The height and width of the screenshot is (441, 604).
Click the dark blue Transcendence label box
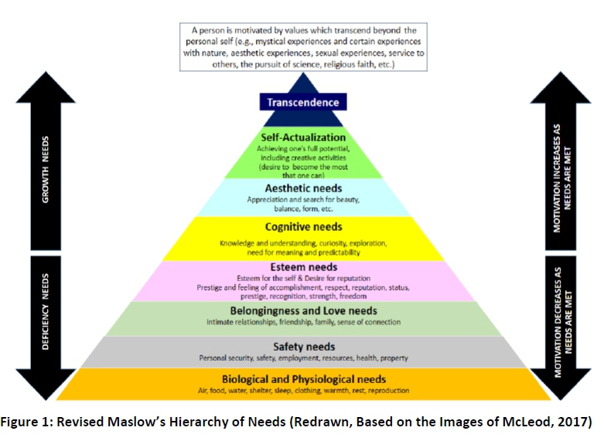[303, 102]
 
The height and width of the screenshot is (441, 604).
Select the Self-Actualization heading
[303, 137]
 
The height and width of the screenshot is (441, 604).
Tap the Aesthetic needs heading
[303, 188]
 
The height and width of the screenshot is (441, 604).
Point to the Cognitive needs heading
[303, 227]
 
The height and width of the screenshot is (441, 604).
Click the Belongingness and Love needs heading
[303, 310]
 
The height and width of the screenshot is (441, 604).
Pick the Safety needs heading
[303, 347]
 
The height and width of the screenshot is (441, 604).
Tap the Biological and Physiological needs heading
[303, 379]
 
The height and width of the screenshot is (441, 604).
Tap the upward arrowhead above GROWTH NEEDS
[46, 90]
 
